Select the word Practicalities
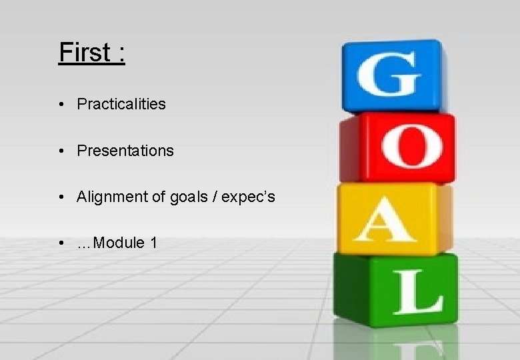point(121,104)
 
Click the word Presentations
point(125,151)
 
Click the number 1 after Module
point(154,243)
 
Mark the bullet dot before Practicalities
point(61,105)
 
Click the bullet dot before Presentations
point(61,151)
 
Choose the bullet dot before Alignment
point(61,197)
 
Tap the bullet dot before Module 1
point(61,243)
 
